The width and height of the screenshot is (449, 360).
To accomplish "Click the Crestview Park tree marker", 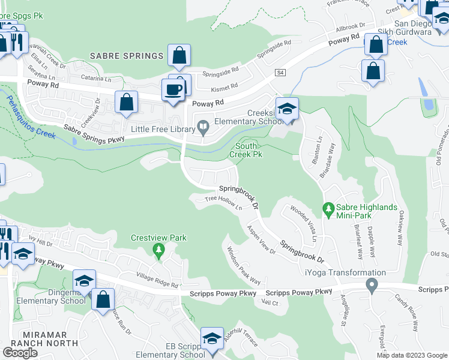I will [x=158, y=251].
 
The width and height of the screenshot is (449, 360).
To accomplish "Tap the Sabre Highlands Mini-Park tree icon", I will [x=328, y=209].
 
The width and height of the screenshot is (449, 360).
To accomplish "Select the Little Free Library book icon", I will [x=203, y=127].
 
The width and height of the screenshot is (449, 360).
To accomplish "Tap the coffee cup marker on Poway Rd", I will [x=173, y=91].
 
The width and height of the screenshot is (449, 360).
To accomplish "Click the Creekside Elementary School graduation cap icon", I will [x=287, y=109].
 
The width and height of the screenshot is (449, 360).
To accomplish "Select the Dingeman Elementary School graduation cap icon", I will [x=84, y=281].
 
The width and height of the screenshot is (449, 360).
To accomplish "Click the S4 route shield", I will [x=280, y=73].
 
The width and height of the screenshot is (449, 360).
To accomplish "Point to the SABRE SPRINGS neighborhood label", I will [x=127, y=56].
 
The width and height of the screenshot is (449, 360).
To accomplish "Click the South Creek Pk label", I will [x=246, y=150].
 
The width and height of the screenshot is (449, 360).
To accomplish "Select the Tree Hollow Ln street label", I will [x=223, y=203].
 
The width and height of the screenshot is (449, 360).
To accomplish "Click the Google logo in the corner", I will [x=20, y=353].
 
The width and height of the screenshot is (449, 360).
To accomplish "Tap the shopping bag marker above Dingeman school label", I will [x=103, y=299].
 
